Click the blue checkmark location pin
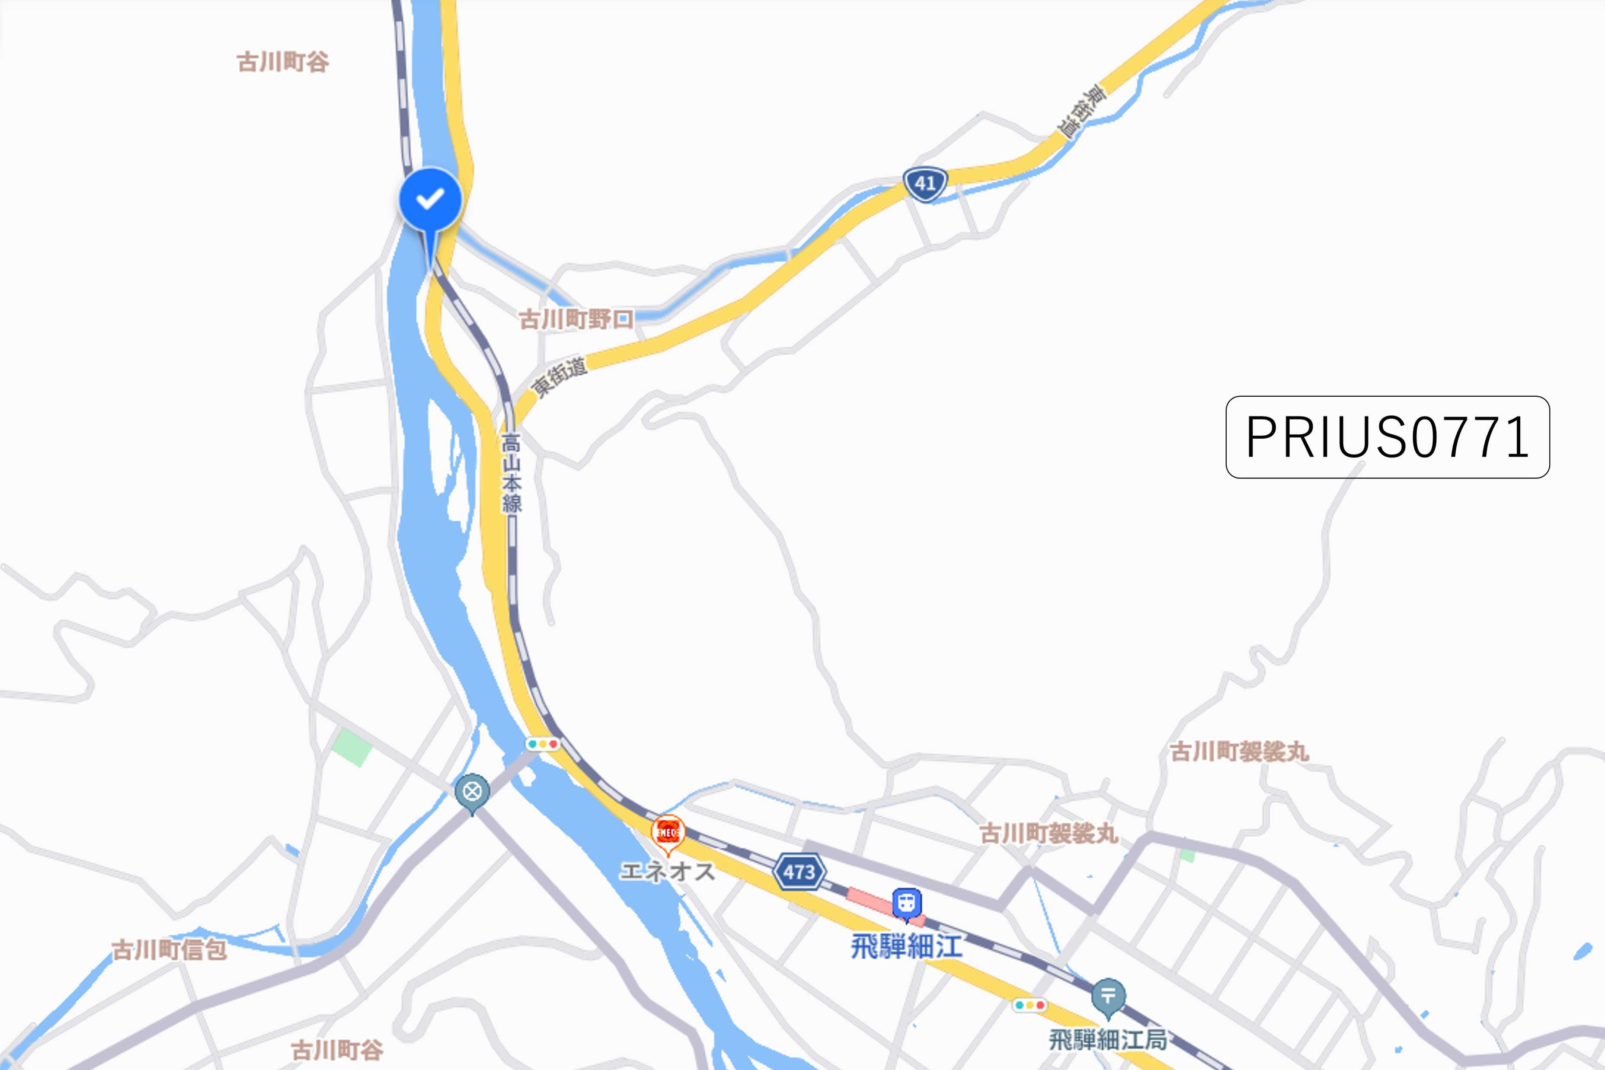[x=430, y=201]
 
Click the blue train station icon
[x=906, y=904]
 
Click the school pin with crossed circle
[x=472, y=793]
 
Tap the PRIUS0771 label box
[x=1387, y=437]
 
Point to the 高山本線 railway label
[x=512, y=474]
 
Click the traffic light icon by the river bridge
[x=543, y=744]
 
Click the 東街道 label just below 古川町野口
[x=559, y=377]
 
